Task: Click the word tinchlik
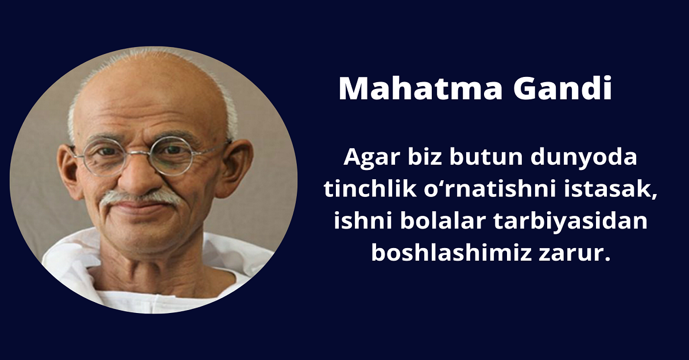(361, 189)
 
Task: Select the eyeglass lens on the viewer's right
(176, 156)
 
